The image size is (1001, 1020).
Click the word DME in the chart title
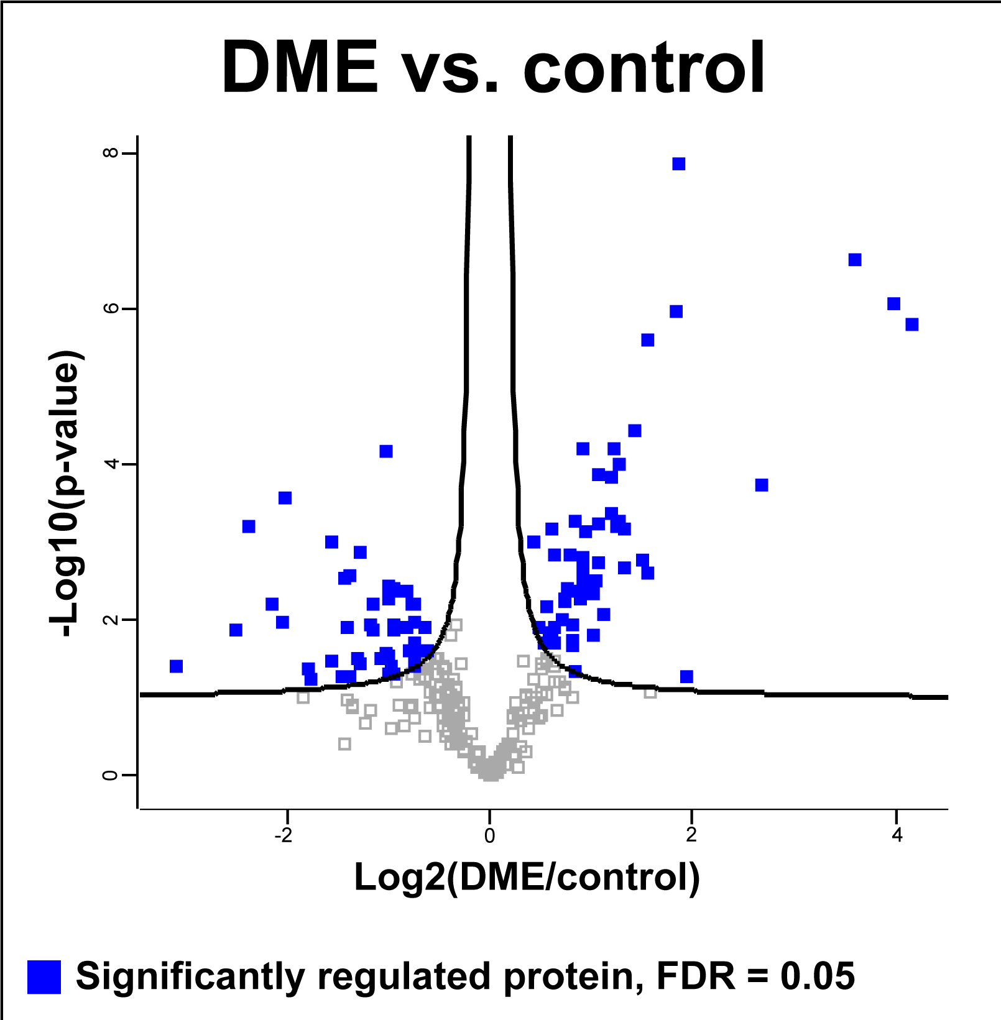[x=300, y=67]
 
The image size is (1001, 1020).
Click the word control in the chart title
[x=644, y=67]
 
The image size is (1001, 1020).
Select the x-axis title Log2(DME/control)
[x=527, y=877]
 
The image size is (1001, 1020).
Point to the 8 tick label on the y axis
[x=111, y=153]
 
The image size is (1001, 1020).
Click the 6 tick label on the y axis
[x=111, y=309]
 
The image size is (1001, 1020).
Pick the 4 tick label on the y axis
[x=111, y=464]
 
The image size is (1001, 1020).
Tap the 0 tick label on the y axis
[x=111, y=775]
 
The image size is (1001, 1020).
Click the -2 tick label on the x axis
[x=284, y=835]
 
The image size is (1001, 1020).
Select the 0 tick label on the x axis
[x=490, y=835]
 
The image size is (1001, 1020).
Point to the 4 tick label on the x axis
[x=897, y=835]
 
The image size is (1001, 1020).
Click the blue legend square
[x=44, y=976]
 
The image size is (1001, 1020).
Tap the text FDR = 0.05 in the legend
[x=755, y=976]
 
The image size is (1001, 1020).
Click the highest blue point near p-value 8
[x=679, y=164]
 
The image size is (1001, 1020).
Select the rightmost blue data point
[x=912, y=324]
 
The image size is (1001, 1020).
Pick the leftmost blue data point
[x=177, y=666]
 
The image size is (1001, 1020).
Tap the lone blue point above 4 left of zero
[x=386, y=451]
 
